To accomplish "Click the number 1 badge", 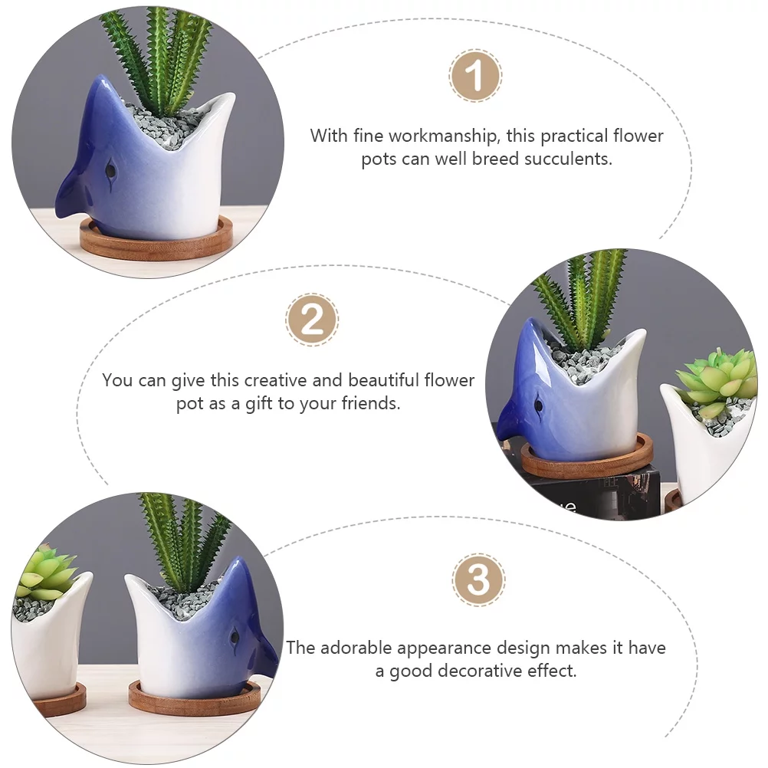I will pos(475,76).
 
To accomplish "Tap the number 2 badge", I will pos(312,320).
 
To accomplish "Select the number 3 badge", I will pos(478,580).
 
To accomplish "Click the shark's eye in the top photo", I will pos(111,168).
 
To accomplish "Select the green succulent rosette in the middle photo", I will pos(717,379).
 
